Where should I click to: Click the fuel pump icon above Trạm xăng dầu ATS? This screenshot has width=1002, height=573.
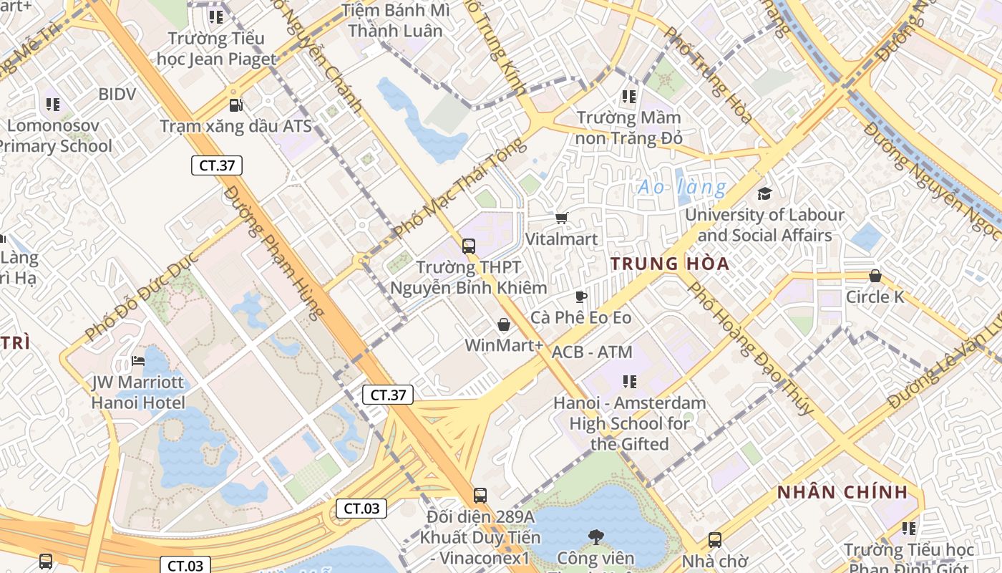235,105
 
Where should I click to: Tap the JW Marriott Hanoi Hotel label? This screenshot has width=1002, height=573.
138,393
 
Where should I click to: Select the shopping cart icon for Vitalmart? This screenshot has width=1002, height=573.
562,218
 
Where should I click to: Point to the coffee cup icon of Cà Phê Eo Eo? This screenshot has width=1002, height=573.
581,297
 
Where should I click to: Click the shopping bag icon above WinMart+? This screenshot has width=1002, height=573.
504,325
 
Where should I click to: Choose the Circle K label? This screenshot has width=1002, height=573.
875,297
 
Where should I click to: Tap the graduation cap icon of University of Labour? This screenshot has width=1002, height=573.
764,194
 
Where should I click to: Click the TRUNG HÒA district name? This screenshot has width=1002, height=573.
670,264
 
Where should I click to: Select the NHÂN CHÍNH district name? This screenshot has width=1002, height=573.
842,493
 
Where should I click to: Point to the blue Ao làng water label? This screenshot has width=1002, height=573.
681,188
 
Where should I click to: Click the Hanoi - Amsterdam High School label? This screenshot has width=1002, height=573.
629,423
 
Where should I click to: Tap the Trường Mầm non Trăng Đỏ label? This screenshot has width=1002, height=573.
629,127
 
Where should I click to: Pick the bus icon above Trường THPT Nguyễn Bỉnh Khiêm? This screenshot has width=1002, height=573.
469,246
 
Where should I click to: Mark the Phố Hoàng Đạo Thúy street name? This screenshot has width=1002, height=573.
750,348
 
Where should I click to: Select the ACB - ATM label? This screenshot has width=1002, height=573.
592,352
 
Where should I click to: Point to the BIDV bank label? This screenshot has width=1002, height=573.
117,94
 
